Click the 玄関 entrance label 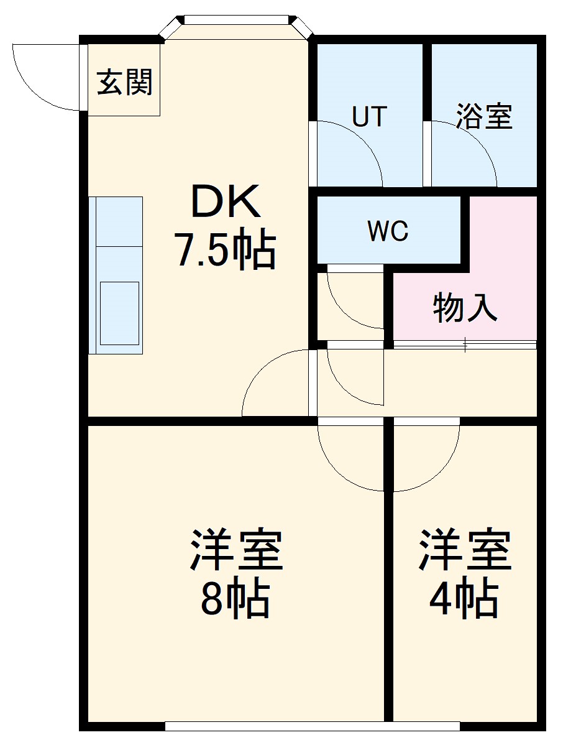(x=124, y=82)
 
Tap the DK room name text (x=225, y=202)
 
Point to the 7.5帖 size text (x=225, y=250)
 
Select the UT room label (x=370, y=117)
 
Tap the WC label (x=388, y=231)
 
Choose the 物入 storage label (x=465, y=307)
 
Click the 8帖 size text (x=234, y=598)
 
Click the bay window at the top (x=236, y=21)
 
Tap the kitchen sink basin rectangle (x=119, y=313)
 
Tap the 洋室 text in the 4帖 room (x=465, y=550)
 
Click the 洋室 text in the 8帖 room (x=236, y=550)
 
